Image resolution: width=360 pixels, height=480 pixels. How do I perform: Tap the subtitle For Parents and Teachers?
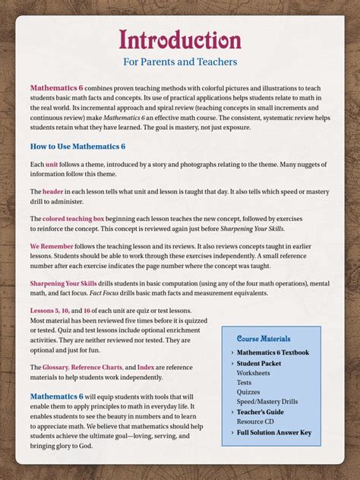coord(180,62)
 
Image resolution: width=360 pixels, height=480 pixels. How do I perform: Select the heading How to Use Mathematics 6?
coord(77,146)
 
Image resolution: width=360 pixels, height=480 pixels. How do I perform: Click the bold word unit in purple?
coord(52,165)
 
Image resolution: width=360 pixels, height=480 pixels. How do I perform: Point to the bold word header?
coord(53,192)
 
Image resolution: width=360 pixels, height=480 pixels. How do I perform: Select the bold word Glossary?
coord(55,367)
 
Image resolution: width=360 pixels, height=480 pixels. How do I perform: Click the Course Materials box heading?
coord(264,338)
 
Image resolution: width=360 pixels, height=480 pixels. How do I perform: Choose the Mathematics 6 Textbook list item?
coord(273,352)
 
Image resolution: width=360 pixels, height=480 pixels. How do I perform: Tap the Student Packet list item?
coord(259,364)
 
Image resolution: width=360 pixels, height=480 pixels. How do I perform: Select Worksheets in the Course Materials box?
coord(253,373)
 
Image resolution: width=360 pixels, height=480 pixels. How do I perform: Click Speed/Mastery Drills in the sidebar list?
coord(267,402)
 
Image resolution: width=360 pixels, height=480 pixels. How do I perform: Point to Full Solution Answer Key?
coord(273,433)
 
